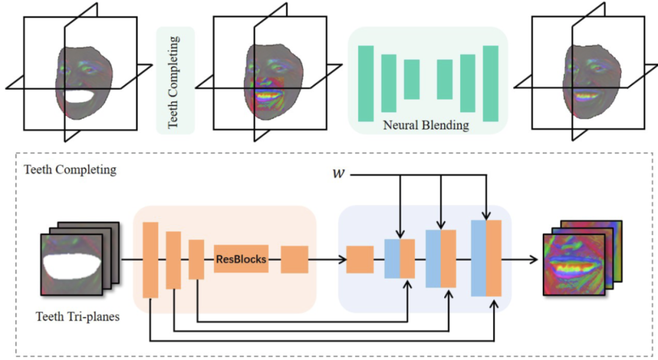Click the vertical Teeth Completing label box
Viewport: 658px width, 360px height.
coord(175,80)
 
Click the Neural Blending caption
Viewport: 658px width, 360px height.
coord(426,125)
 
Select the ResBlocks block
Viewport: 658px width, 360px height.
coord(241,259)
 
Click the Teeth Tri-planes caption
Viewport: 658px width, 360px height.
coord(77,316)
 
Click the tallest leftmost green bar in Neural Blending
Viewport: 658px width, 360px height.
coord(366,83)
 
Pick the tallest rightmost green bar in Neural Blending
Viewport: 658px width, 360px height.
coord(490,83)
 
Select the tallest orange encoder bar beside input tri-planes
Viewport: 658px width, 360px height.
coord(150,260)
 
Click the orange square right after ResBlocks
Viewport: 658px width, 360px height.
coord(294,259)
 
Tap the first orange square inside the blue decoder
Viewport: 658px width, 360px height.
coord(359,259)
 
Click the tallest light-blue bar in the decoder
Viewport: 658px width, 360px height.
coord(479,258)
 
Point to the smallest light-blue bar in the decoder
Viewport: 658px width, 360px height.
coord(392,259)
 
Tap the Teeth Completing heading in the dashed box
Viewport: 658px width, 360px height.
coord(69,169)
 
